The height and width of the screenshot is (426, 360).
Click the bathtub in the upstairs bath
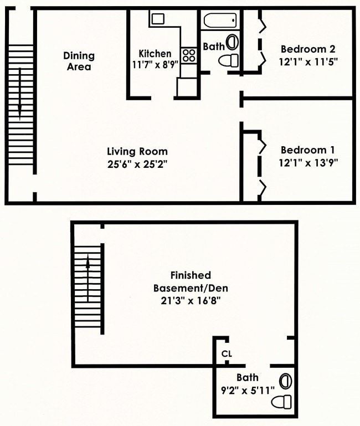pyautogui.click(x=220, y=20)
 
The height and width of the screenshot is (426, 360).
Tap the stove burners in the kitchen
pyautogui.click(x=189, y=55)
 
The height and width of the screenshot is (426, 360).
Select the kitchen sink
pyautogui.click(x=158, y=19)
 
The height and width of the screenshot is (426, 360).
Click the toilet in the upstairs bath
pyautogui.click(x=229, y=60)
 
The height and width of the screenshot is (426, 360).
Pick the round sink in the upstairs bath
pyautogui.click(x=232, y=43)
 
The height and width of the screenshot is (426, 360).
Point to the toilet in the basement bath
pyautogui.click(x=281, y=402)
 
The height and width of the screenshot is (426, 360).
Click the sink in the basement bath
pyautogui.click(x=286, y=381)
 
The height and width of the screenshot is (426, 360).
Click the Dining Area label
pyautogui.click(x=79, y=61)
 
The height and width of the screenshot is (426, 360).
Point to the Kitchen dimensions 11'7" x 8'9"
pyautogui.click(x=155, y=65)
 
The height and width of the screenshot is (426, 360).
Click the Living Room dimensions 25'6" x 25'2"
pyautogui.click(x=137, y=164)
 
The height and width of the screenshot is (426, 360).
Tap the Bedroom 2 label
pyautogui.click(x=308, y=49)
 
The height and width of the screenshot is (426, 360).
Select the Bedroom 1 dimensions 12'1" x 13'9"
pyautogui.click(x=308, y=163)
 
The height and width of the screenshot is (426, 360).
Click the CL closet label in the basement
pyautogui.click(x=227, y=354)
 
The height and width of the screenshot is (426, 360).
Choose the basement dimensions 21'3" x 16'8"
pyautogui.click(x=191, y=301)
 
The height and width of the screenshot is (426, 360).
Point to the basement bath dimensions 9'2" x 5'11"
pyautogui.click(x=248, y=391)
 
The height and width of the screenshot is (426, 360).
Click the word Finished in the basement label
pyautogui.click(x=191, y=275)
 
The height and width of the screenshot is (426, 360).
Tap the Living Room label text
pyautogui.click(x=137, y=151)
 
